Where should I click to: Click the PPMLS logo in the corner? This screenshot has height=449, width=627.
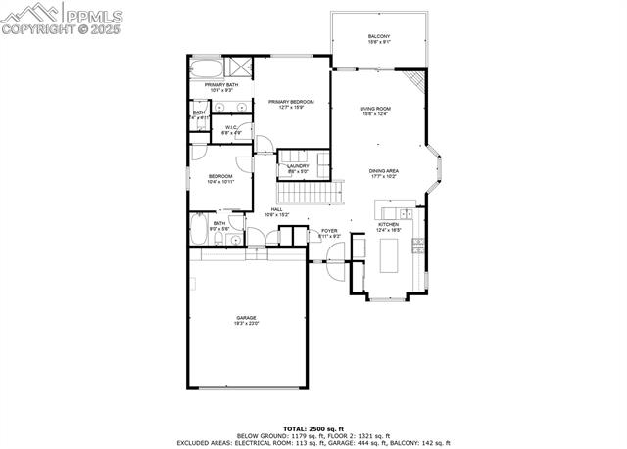point(59,18)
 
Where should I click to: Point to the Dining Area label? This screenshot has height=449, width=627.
point(383,171)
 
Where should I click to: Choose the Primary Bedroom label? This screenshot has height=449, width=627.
point(293,103)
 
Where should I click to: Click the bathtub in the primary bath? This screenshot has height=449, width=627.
point(206,69)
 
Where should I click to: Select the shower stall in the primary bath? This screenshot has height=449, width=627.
point(237,67)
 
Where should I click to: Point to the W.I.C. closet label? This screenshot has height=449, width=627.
point(232,127)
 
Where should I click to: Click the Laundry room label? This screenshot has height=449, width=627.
point(297,166)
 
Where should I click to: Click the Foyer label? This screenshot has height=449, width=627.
point(329,231)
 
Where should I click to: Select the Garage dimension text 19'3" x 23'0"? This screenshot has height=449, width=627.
point(245,323)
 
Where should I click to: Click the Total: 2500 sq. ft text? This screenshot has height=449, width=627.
point(313,428)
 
